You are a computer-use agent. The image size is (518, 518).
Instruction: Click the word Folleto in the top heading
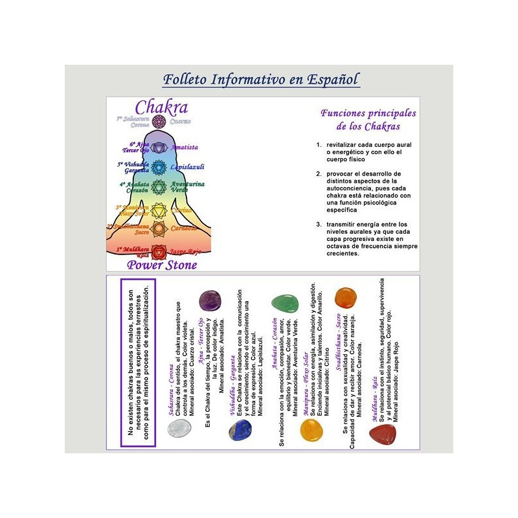pos(186,80)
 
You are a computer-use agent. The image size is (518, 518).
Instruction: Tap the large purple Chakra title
pos(161,107)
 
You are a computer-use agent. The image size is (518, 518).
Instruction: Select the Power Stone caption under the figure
pos(162,264)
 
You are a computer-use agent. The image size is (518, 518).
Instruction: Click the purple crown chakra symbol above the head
pos(159,122)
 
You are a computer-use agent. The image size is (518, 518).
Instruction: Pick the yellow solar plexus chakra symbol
pos(159,210)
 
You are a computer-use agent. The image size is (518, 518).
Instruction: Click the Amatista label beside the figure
pos(185,148)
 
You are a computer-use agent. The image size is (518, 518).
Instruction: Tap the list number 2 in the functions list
pos(319,174)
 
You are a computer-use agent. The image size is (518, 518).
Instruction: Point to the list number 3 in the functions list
pos(319,224)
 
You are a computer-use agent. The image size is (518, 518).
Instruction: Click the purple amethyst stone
pos(210,300)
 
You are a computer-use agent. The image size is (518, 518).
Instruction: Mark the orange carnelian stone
pos(346,298)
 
